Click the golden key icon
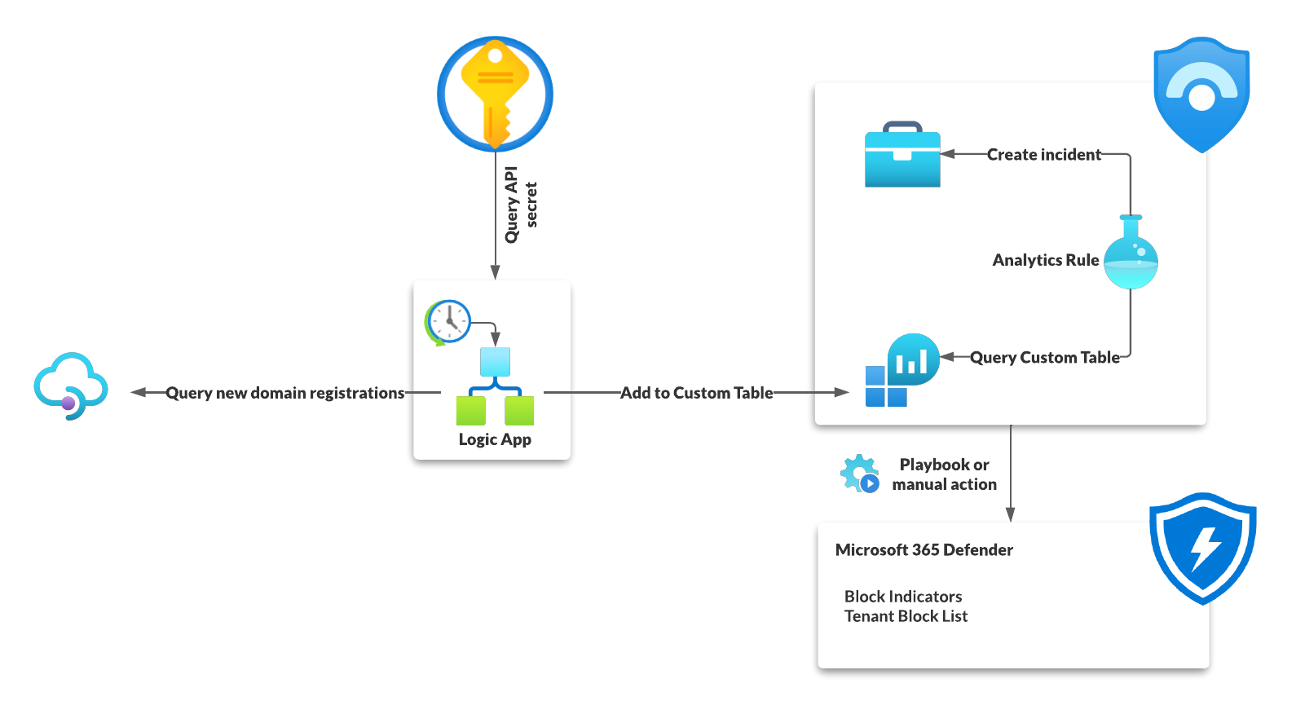tap(495, 93)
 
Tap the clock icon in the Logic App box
tap(448, 321)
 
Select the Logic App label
tap(495, 439)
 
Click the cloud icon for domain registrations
tap(71, 386)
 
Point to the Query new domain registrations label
tap(284, 393)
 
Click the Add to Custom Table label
tap(696, 393)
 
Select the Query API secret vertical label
tap(520, 205)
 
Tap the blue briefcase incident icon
tap(902, 156)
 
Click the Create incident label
tap(1043, 155)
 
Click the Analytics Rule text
tap(1045, 260)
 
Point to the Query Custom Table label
tap(1044, 358)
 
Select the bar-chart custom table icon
tap(901, 370)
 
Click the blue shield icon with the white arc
tap(1201, 93)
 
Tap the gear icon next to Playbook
tap(859, 474)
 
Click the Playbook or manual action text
tap(944, 474)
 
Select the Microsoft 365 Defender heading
tap(924, 550)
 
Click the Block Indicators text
tap(903, 597)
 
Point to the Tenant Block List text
tap(906, 616)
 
